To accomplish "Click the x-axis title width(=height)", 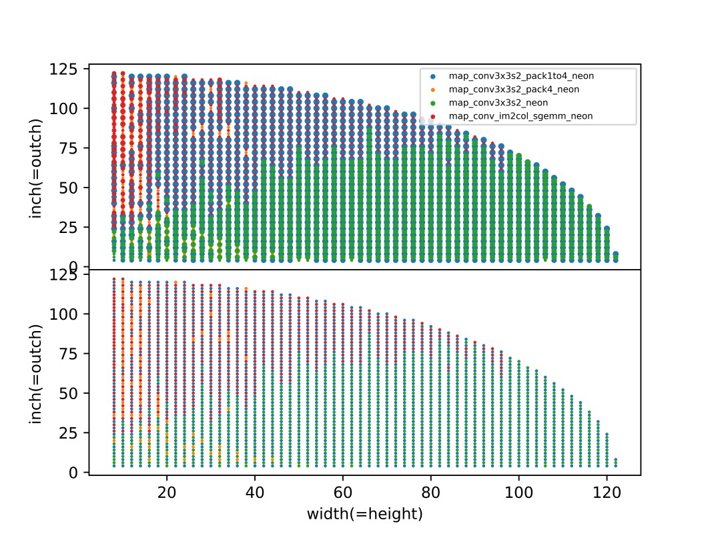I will click(x=364, y=514).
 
